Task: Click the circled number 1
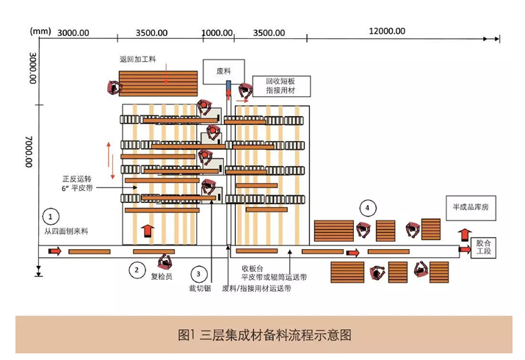51,217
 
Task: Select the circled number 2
137,270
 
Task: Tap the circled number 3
198,274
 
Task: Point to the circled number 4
368,208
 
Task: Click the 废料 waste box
224,72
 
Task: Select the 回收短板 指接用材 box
281,86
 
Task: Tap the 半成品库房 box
471,208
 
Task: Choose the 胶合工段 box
483,248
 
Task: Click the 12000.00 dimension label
387,31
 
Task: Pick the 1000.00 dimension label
217,33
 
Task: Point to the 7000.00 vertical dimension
29,151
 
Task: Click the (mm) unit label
40,32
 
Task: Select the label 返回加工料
137,60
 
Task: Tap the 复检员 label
162,276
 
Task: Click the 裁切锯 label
200,288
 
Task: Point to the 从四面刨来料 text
66,231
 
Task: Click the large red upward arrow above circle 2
148,231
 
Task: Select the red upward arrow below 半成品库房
464,235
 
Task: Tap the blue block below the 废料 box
228,86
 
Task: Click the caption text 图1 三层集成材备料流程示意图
264,335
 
